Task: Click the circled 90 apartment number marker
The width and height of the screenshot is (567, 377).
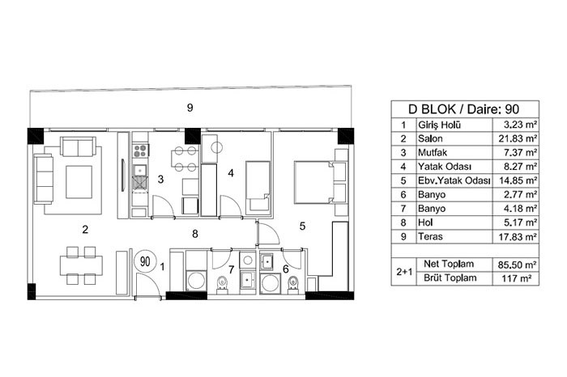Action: pos(145,261)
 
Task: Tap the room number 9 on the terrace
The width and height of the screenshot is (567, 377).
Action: pos(190,108)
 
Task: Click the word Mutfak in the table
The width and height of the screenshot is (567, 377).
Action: pos(433,153)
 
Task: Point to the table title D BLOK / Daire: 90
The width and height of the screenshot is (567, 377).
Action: pos(463,109)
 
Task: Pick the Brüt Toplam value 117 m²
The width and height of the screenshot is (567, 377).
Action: pos(517,278)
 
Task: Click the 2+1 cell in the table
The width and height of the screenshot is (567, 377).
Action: pos(404,272)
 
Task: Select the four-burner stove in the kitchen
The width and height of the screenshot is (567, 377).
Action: pos(140,150)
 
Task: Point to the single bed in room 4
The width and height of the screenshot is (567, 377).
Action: pos(258,186)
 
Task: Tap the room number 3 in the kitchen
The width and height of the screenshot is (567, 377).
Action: pos(161,179)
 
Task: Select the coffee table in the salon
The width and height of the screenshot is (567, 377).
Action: pos(79,182)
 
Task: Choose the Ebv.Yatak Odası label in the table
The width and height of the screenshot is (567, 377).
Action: pos(454,180)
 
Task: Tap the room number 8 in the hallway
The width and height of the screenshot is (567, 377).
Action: pos(195,234)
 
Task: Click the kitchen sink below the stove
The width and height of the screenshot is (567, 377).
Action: pos(140,170)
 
